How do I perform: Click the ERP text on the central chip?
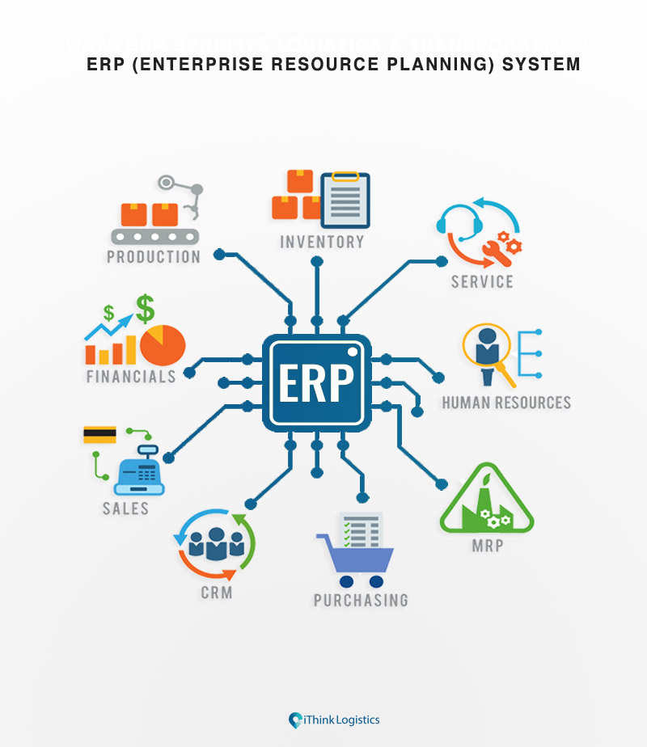click(x=316, y=383)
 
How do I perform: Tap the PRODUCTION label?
click(x=153, y=257)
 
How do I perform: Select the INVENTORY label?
click(x=322, y=242)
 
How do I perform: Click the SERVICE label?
click(x=482, y=281)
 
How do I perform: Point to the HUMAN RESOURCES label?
click(x=506, y=403)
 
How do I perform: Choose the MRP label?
click(x=487, y=545)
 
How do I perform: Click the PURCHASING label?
click(x=361, y=600)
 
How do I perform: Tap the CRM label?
click(x=216, y=593)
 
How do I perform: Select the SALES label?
click(x=125, y=509)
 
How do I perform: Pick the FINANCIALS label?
click(x=131, y=377)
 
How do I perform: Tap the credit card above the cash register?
click(x=99, y=435)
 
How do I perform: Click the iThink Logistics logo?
click(x=333, y=720)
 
